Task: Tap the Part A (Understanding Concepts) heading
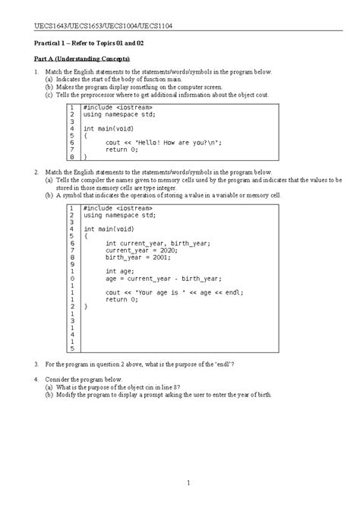pyautogui.click(x=83, y=58)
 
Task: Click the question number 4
pyautogui.click(x=36, y=378)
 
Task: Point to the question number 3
pyautogui.click(x=36, y=364)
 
